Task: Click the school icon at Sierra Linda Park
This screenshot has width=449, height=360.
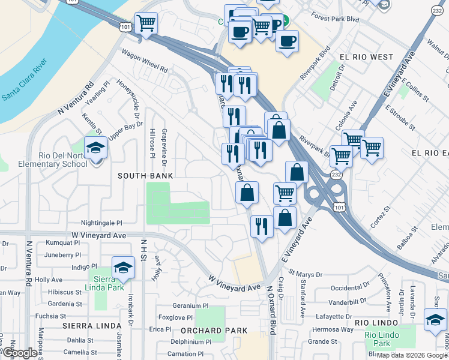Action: (123, 268)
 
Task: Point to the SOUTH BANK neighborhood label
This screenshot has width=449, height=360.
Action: (145, 176)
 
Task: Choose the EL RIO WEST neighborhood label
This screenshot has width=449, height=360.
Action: (366, 57)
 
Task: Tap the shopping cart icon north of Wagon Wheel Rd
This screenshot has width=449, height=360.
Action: (146, 23)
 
